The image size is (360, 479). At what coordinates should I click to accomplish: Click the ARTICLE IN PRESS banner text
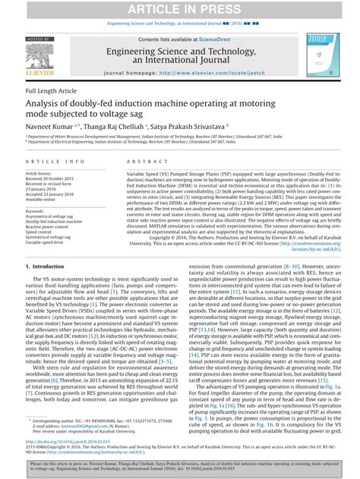point(180,8)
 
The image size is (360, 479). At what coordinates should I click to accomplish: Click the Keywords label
point(35,210)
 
